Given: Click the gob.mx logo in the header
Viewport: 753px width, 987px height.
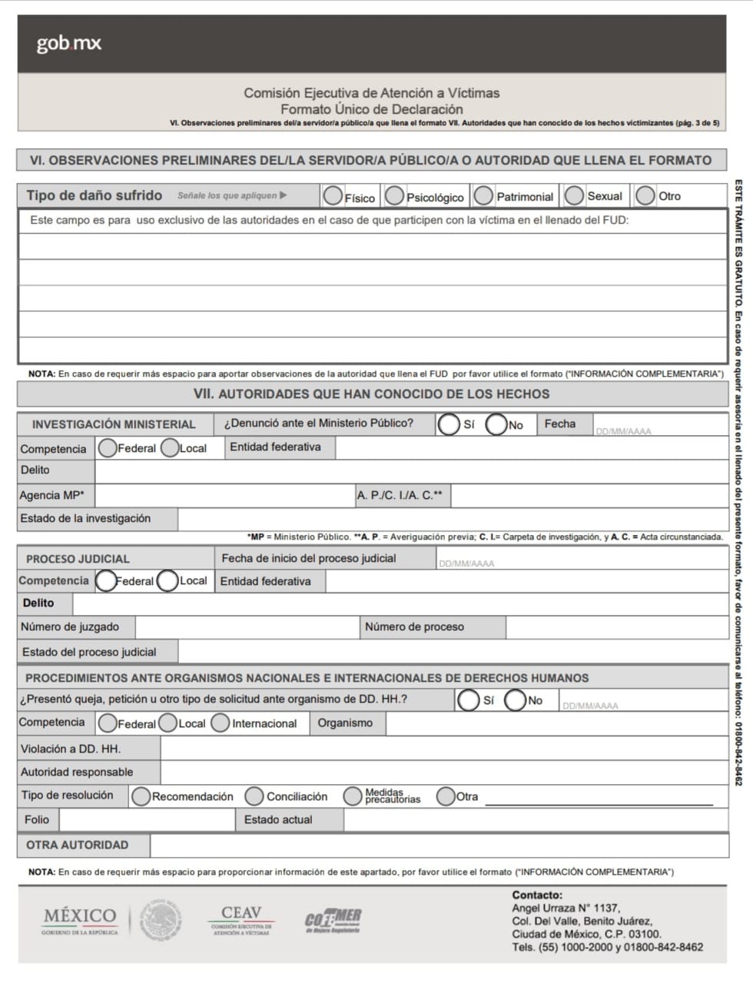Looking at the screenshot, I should pyautogui.click(x=69, y=44).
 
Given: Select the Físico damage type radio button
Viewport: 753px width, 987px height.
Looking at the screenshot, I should pyautogui.click(x=333, y=196).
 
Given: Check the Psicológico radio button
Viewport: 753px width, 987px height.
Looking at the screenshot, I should pyautogui.click(x=394, y=196).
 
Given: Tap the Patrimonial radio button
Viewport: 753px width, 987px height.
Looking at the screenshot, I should pyautogui.click(x=483, y=196).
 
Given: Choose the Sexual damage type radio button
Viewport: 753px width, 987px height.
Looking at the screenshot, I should pyautogui.click(x=574, y=196).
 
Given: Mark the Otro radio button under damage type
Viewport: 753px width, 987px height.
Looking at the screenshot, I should pyautogui.click(x=645, y=196).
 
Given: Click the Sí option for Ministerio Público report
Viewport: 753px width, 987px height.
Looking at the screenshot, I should pyautogui.click(x=448, y=424).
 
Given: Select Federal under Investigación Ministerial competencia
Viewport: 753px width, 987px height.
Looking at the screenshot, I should pyautogui.click(x=108, y=448).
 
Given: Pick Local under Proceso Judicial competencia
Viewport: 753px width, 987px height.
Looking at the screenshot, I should pyautogui.click(x=168, y=581).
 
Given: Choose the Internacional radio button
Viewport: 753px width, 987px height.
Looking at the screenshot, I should pyautogui.click(x=221, y=723).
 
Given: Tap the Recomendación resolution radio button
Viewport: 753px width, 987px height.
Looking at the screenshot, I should pyautogui.click(x=141, y=796).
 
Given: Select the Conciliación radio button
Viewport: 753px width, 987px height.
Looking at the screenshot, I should pyautogui.click(x=254, y=796).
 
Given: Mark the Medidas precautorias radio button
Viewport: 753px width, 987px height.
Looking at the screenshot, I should pyautogui.click(x=353, y=796).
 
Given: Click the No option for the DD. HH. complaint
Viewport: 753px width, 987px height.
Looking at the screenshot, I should pyautogui.click(x=516, y=700).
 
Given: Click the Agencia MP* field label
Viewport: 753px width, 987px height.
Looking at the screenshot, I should pyautogui.click(x=52, y=496).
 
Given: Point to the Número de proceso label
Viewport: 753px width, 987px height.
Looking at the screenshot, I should pyautogui.click(x=414, y=627).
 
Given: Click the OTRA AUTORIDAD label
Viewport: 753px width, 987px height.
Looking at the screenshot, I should pyautogui.click(x=77, y=845).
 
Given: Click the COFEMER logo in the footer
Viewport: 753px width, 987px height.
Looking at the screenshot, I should pyautogui.click(x=333, y=919).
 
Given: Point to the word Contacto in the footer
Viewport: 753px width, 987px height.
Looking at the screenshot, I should pyautogui.click(x=537, y=895).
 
